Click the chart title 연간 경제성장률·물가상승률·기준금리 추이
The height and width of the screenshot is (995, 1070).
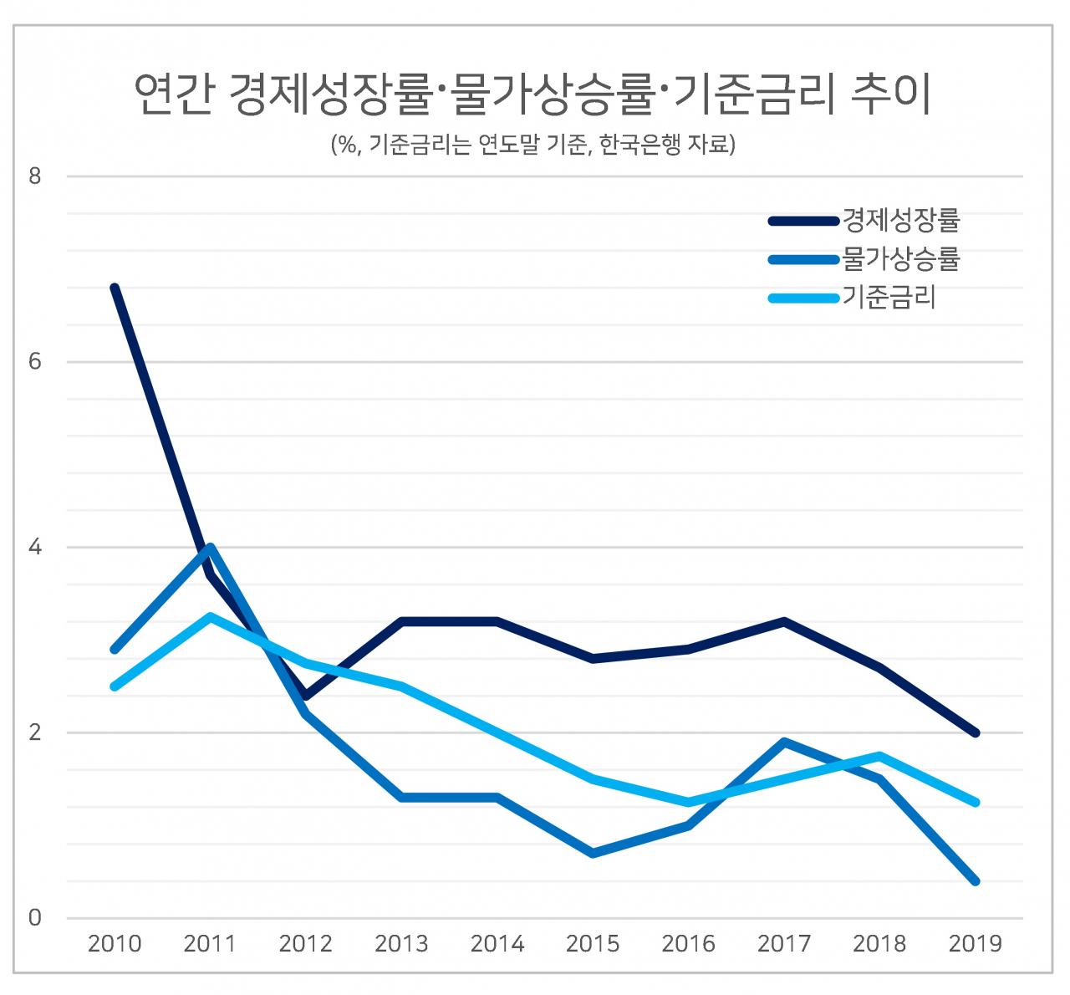[x=532, y=94]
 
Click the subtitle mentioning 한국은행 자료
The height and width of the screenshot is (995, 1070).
[x=532, y=144]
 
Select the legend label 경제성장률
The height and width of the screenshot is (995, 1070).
[x=901, y=220]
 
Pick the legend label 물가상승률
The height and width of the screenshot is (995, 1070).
[x=901, y=258]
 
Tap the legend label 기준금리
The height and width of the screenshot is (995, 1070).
[x=889, y=297]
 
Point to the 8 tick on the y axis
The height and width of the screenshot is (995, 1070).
[x=35, y=176]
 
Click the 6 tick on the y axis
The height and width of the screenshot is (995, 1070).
[x=35, y=362]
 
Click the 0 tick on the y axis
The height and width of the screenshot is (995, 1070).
[x=35, y=918]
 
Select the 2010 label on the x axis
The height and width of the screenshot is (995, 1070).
[x=115, y=944]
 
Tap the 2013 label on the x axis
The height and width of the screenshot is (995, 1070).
[x=401, y=944]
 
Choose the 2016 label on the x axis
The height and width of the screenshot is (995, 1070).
[x=689, y=944]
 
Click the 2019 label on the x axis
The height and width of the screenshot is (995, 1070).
[x=976, y=944]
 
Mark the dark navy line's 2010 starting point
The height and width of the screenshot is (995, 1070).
[x=115, y=288]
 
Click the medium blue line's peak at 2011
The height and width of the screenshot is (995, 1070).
[x=210, y=548]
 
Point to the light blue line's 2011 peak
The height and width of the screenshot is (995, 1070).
[x=210, y=616]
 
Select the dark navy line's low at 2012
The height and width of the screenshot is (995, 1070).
[x=306, y=696]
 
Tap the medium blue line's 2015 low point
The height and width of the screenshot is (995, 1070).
[x=593, y=853]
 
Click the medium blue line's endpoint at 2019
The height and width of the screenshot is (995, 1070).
[x=976, y=881]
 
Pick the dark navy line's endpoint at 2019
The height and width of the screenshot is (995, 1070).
[x=976, y=733]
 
